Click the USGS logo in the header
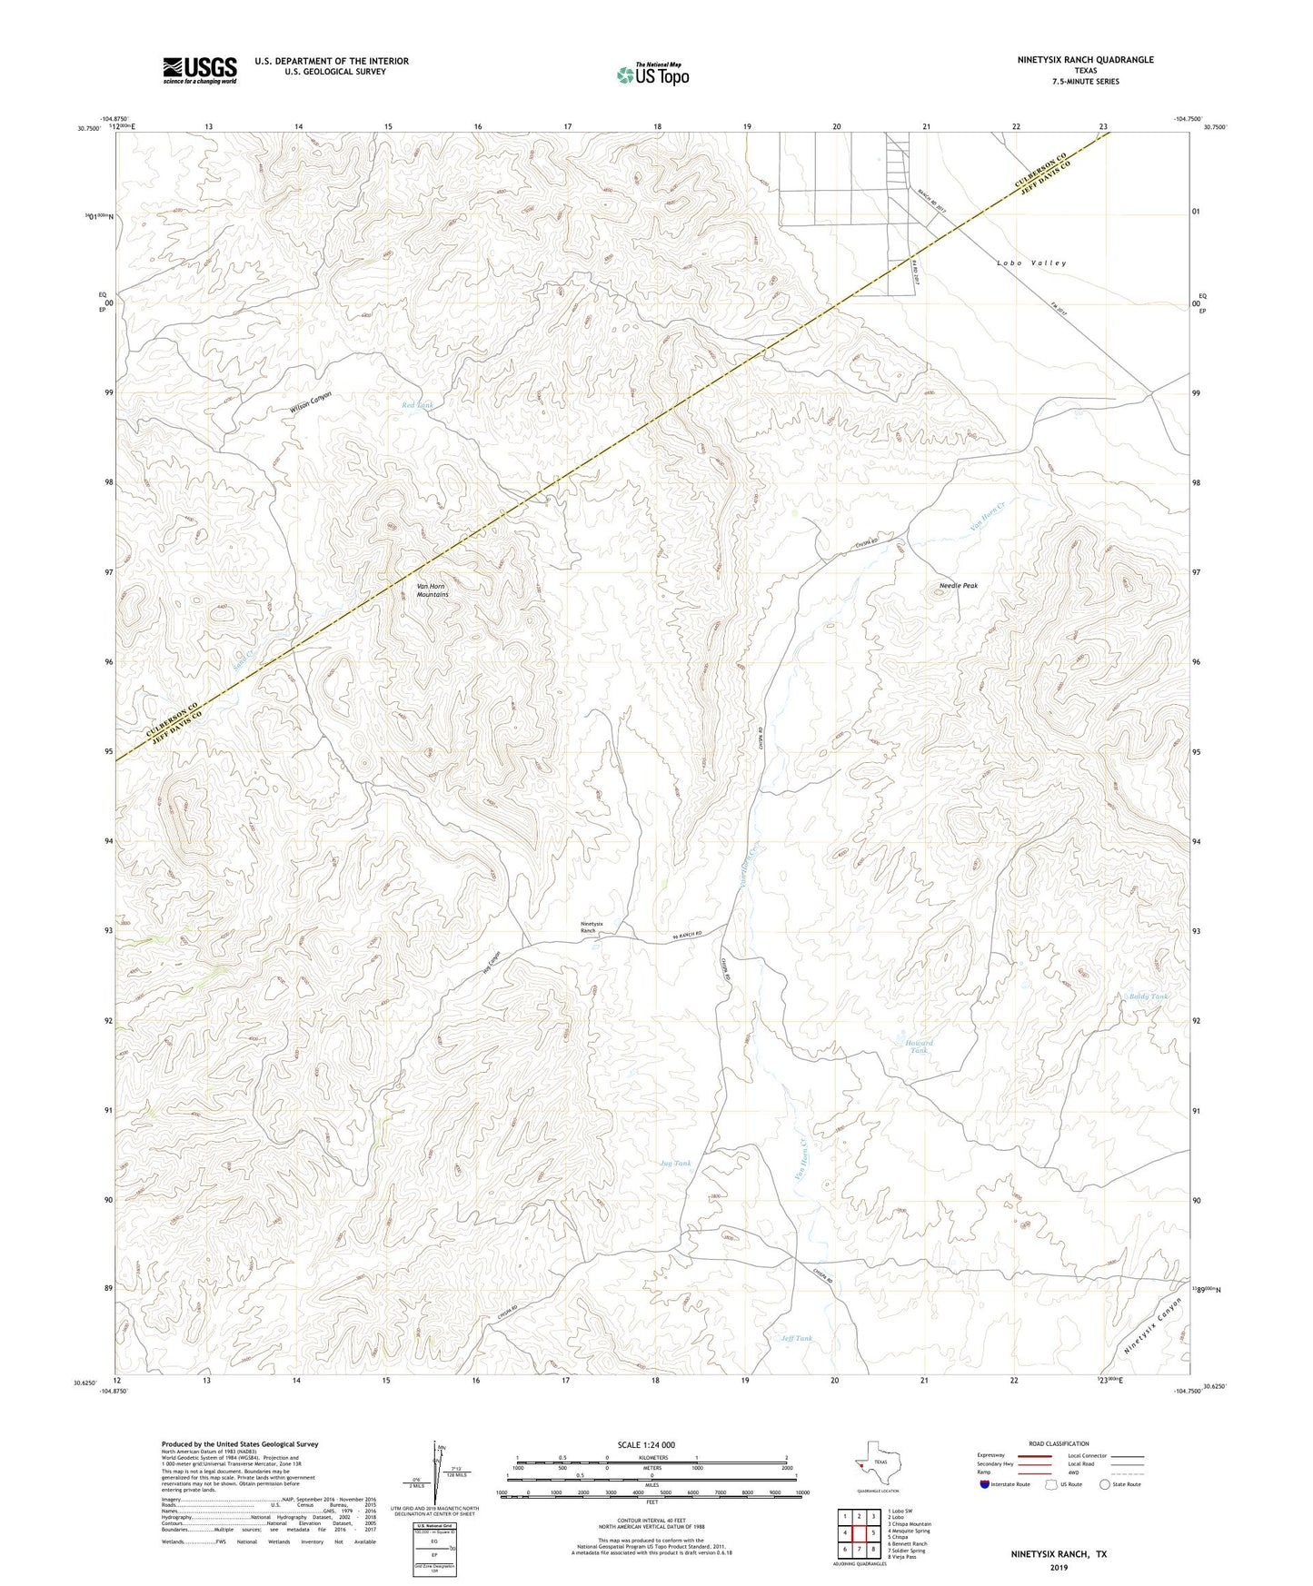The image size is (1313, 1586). [x=200, y=70]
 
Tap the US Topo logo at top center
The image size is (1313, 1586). [x=652, y=74]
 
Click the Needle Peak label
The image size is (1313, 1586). [x=959, y=586]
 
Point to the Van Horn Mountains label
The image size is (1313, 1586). [x=433, y=590]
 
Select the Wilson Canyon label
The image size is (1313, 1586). [x=311, y=403]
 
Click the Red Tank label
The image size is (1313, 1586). [x=418, y=404]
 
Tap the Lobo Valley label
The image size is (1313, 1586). [x=1031, y=263]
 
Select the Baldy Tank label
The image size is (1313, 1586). [x=1148, y=996]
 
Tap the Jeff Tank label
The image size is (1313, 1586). [x=796, y=1338]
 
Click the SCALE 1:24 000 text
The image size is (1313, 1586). [x=646, y=1445]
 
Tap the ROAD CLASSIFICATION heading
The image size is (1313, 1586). [x=1059, y=1443]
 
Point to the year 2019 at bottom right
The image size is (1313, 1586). [x=1059, y=1568]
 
